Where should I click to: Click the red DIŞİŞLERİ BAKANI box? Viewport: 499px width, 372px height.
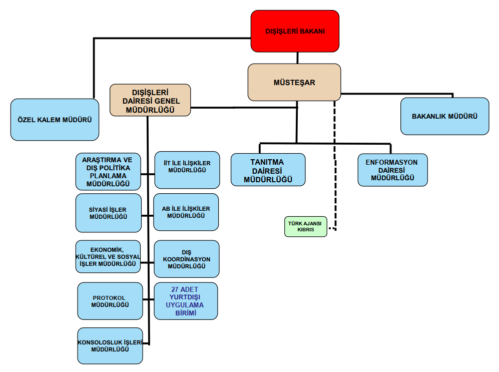(295, 31)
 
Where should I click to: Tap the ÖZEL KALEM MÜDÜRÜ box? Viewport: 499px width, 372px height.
(55, 120)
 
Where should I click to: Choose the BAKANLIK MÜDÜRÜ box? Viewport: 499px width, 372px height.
(444, 116)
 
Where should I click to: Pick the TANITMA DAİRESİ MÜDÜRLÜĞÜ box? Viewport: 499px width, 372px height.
(268, 170)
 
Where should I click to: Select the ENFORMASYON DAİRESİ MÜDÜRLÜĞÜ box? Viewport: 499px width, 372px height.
(392, 170)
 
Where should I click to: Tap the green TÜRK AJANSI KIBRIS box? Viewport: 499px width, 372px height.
(305, 226)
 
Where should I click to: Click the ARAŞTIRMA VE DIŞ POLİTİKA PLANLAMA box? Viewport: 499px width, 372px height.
(108, 171)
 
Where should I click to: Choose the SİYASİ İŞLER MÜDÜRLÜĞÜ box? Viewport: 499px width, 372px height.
(108, 213)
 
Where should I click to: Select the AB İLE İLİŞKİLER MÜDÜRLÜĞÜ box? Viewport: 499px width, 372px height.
(186, 212)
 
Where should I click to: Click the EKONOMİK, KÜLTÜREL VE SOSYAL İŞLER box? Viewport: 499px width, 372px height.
(108, 256)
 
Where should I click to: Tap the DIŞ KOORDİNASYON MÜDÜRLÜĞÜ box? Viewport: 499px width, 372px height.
(186, 259)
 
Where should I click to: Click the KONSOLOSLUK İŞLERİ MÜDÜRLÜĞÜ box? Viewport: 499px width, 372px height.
(110, 345)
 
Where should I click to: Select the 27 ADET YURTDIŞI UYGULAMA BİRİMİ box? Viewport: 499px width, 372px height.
(186, 301)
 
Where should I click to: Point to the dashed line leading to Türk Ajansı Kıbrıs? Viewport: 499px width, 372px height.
(334, 165)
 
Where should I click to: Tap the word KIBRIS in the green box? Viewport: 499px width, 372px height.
(305, 230)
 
